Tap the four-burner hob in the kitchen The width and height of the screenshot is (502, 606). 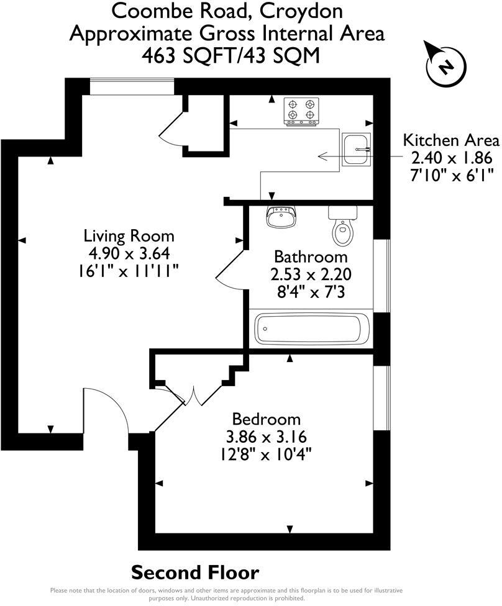(301, 111)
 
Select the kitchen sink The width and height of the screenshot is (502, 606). (356, 150)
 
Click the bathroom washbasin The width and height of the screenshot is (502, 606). (282, 217)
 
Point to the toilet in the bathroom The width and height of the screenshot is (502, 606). (342, 226)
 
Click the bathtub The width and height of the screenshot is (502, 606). (313, 328)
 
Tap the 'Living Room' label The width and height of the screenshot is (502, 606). (129, 236)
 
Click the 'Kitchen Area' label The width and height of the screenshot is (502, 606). (451, 140)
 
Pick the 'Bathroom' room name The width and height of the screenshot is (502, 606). (311, 256)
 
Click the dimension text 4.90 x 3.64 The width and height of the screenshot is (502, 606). (129, 253)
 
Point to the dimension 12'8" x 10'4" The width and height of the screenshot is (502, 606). (267, 453)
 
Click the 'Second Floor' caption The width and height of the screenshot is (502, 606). (195, 572)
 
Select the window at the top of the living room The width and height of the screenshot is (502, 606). (132, 88)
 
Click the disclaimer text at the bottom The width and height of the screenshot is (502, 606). (226, 594)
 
